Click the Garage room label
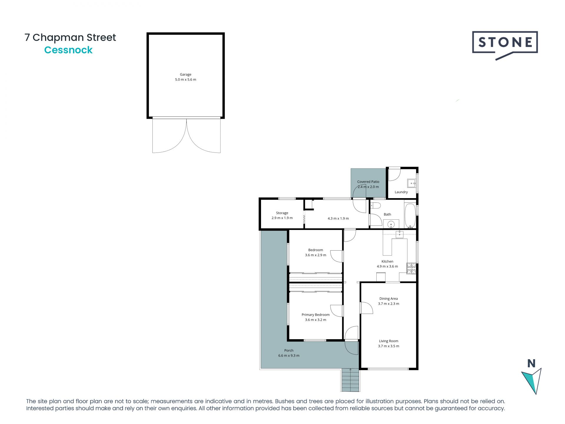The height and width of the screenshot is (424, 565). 185,74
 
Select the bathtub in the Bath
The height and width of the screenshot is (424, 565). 410,215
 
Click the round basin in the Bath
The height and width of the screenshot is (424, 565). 391,225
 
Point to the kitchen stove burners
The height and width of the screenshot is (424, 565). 411,268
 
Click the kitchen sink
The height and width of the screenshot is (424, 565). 400,234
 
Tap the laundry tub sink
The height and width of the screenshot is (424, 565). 411,183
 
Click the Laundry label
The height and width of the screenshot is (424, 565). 401,192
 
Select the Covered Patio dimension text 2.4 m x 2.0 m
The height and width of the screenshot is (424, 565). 368,187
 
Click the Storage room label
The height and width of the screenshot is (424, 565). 282,213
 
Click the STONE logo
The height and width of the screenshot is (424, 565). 505,43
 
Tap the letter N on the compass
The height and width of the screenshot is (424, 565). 531,364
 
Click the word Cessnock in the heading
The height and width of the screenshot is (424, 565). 68,50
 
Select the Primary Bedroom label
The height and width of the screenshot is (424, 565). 315,315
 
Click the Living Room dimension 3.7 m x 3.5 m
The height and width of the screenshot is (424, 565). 388,346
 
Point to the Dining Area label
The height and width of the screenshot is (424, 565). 388,299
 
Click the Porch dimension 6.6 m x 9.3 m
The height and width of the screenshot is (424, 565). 289,355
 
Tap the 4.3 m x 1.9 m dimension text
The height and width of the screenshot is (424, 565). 338,218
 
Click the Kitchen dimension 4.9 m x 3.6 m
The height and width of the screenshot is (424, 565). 387,266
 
